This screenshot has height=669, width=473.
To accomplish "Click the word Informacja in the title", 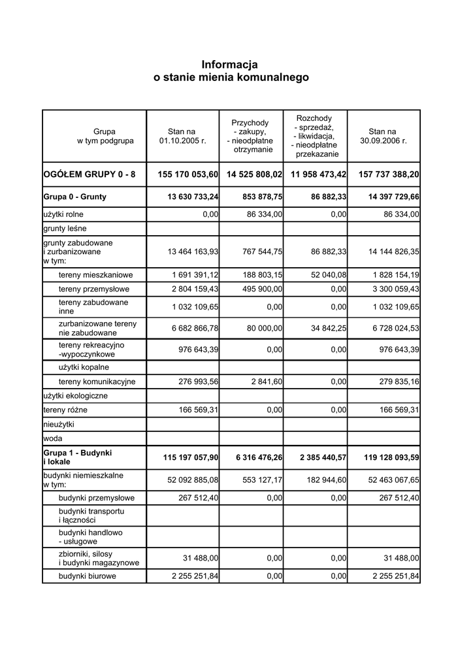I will (x=230, y=65).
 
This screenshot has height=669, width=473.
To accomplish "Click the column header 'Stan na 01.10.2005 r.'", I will (x=182, y=136).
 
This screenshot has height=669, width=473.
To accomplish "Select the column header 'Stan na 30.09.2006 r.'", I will (x=382, y=136).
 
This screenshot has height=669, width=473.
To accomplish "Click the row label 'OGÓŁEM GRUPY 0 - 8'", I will (x=89, y=175).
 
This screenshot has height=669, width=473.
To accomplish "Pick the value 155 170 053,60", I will (x=188, y=175).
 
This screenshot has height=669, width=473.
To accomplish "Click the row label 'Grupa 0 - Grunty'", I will (x=75, y=196).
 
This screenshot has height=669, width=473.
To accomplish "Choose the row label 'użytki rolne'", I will (x=63, y=214).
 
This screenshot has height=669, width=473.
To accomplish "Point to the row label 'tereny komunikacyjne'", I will (x=97, y=381).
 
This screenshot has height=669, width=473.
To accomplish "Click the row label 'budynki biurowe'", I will (x=88, y=576).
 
